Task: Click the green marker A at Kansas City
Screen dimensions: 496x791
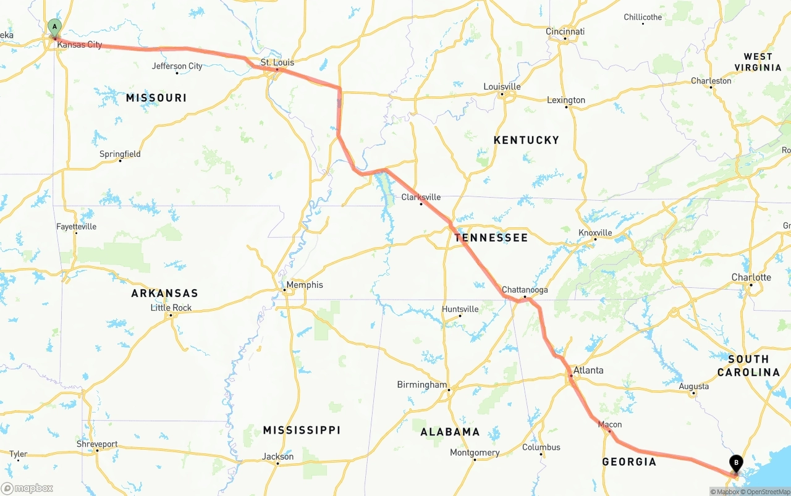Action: tap(54, 27)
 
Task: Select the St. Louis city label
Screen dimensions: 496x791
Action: tap(277, 62)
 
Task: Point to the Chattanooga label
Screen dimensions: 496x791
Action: tap(525, 290)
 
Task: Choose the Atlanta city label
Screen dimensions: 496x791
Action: tap(588, 371)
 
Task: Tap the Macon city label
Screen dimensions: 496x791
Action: tap(610, 424)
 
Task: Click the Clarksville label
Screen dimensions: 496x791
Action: tap(421, 197)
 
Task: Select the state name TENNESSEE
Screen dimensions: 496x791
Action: tap(491, 238)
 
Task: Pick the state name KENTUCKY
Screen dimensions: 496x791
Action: tap(526, 140)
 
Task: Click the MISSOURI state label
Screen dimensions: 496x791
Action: tap(156, 98)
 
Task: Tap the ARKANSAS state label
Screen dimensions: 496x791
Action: tap(164, 293)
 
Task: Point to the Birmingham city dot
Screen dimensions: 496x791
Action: tap(449, 390)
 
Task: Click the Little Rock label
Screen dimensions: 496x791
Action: tap(171, 308)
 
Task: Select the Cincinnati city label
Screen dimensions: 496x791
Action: tap(565, 32)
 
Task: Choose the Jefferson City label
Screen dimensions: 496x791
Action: tap(177, 66)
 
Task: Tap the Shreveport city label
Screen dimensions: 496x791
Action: tap(97, 444)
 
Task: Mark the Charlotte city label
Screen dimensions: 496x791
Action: tap(751, 277)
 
